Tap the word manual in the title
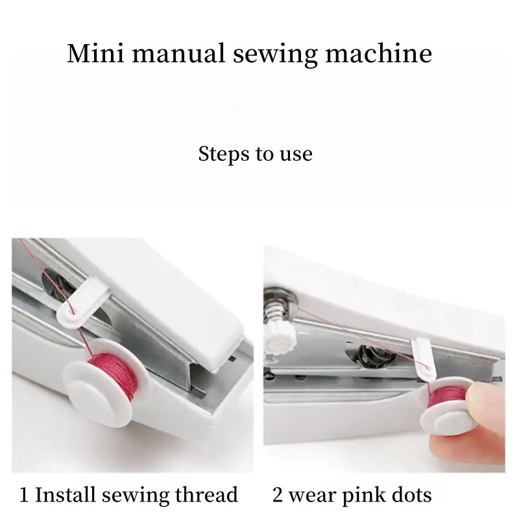click(168, 53)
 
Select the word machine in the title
click(378, 53)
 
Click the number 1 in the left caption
click(24, 496)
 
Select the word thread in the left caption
click(206, 496)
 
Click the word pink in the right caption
click(363, 496)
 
